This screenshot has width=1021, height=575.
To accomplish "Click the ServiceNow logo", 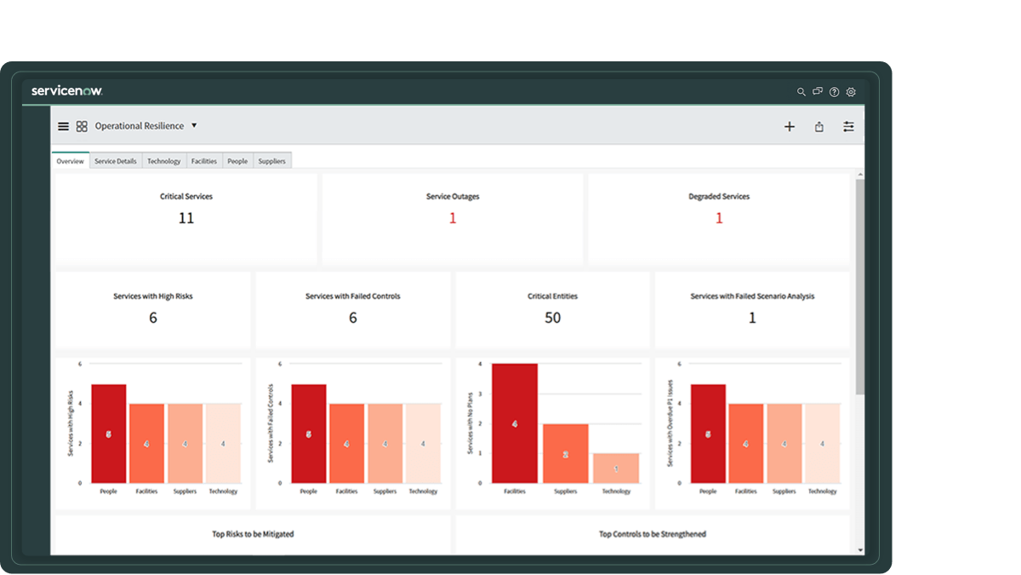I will coord(66,91).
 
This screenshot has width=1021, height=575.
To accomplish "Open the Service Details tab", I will coord(115,161).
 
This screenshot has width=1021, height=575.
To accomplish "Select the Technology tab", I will coord(163,161).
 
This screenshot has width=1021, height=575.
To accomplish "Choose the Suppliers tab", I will coord(271,161).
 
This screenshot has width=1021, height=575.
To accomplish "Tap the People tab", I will coord(237,161).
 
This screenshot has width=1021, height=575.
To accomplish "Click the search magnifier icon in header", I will coord(801,92).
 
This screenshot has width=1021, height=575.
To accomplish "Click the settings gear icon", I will coord(851,92).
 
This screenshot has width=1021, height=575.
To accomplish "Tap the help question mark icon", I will coord(834,92).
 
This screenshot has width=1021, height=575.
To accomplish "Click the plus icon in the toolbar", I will coord(789,127).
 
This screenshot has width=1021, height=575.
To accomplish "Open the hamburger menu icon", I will coord(63,126).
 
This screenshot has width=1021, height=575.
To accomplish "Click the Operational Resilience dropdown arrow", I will coord(194,125).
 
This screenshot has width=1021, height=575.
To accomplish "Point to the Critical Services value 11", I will coord(186,218).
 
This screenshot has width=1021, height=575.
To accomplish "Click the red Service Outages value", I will coord(453,218).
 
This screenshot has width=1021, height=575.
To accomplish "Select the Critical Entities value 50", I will coord(552,318).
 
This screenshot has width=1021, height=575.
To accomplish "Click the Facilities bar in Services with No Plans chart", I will coord(515,423).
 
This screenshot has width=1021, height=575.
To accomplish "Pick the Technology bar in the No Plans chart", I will coord(616,468).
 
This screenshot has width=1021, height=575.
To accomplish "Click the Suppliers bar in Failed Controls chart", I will coord(385,443).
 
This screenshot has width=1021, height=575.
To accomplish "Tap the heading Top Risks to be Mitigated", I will coord(253,534).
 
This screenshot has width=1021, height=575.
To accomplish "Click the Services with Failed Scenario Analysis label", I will coord(752,296).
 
